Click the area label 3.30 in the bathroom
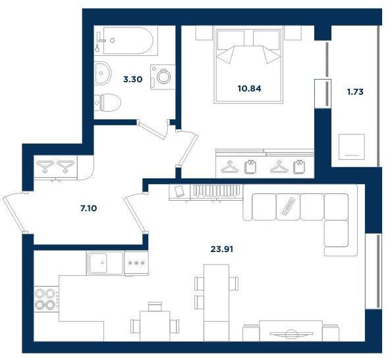pos(132,80)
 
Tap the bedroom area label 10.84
pos(249,88)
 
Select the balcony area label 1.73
pos(355,92)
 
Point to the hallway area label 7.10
pos(88,208)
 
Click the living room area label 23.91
pos(222,249)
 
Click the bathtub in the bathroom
pos(128,40)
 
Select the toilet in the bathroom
pos(108,103)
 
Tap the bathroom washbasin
pos(103,74)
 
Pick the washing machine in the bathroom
pos(163,76)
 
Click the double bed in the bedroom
pos(248,66)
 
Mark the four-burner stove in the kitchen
pos(46,299)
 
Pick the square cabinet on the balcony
pos(352,147)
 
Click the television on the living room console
pos(291,334)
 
